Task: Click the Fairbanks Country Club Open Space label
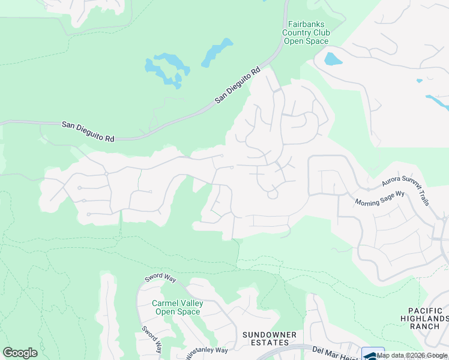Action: pos(306,32)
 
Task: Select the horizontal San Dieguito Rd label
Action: pos(88,131)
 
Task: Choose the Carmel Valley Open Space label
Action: pos(177,307)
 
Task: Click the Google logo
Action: pos(20,353)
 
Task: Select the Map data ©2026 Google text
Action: pos(412,355)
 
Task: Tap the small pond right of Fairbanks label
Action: pos(332,59)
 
